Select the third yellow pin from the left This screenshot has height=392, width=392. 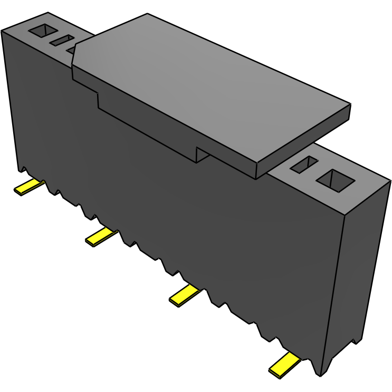coord(184,294)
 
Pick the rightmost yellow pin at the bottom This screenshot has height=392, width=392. coord(284,365)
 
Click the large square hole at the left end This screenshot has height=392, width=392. coord(42,31)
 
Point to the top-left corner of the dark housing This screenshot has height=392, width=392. coord(3,31)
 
